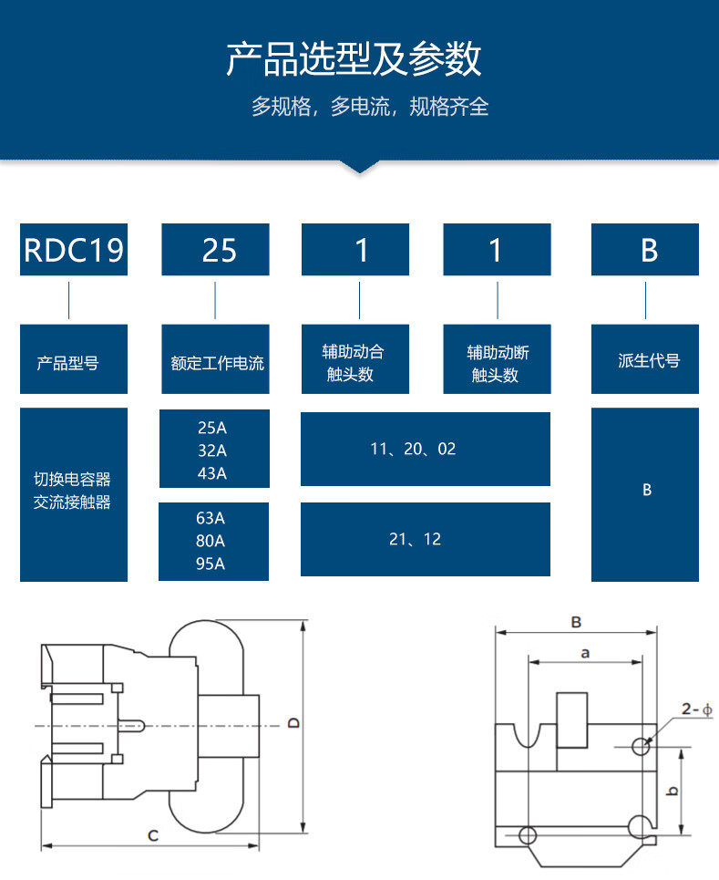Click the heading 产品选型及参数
point(354,59)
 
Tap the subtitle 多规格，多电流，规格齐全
point(370,107)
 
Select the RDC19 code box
point(74,249)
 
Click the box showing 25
point(216,249)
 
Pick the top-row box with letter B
point(649,249)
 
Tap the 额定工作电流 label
point(217,363)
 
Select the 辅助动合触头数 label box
point(354,363)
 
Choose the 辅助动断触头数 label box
point(498,363)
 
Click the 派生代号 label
point(649,361)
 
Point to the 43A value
point(211,473)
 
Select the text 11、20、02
point(413,449)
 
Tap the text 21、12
point(415,539)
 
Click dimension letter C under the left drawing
point(153,834)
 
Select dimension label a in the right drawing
point(586,652)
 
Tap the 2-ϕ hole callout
point(696,709)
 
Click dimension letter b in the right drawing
point(672,791)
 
